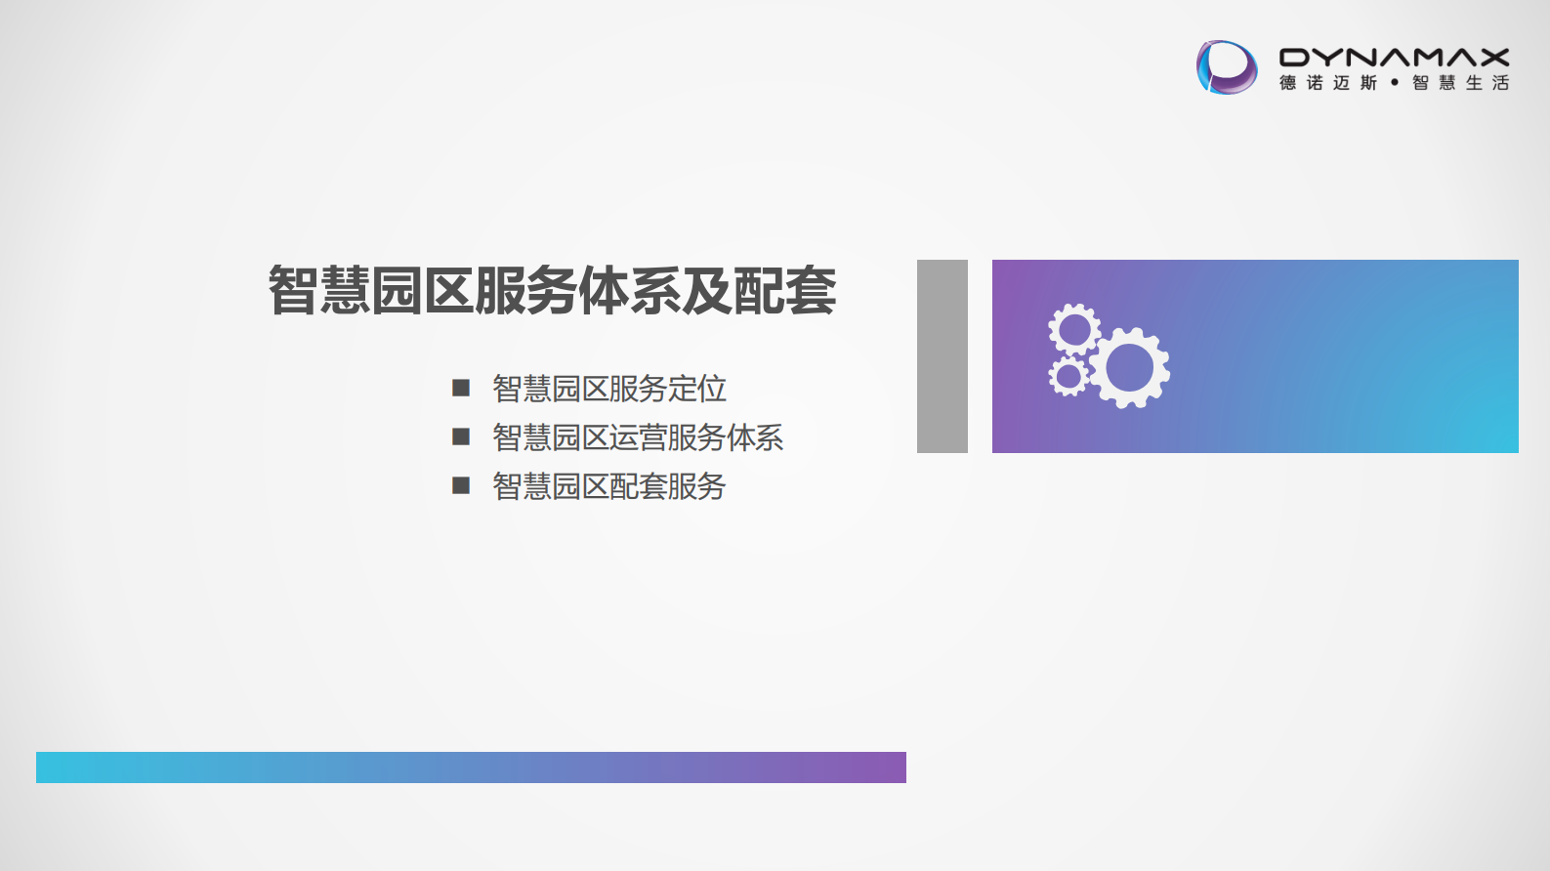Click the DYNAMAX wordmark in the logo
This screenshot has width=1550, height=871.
click(x=1394, y=58)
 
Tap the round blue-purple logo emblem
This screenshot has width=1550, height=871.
click(x=1227, y=67)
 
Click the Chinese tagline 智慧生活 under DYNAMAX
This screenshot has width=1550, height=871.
click(x=1460, y=83)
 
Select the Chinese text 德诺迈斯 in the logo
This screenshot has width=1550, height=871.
click(x=1328, y=83)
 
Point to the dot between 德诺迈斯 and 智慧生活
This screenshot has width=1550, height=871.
click(x=1395, y=83)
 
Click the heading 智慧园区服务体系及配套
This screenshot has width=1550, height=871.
click(x=552, y=291)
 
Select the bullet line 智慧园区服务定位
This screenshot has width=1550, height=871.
click(x=608, y=389)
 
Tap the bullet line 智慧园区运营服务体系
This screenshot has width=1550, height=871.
click(x=637, y=437)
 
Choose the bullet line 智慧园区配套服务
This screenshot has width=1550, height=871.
click(x=608, y=486)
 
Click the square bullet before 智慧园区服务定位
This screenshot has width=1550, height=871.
click(x=461, y=388)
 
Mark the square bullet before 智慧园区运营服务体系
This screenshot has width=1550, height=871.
click(x=461, y=436)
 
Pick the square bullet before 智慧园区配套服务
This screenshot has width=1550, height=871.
click(x=461, y=485)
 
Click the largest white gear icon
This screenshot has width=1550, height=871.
click(x=1130, y=367)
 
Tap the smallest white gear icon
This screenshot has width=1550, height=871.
click(x=1068, y=376)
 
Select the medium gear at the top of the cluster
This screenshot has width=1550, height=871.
click(x=1074, y=329)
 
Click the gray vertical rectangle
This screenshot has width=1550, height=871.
click(x=942, y=356)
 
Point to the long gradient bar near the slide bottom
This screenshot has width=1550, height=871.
click(x=471, y=767)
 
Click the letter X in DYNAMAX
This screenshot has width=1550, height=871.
click(x=1493, y=58)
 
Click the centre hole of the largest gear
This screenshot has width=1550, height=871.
click(x=1130, y=367)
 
